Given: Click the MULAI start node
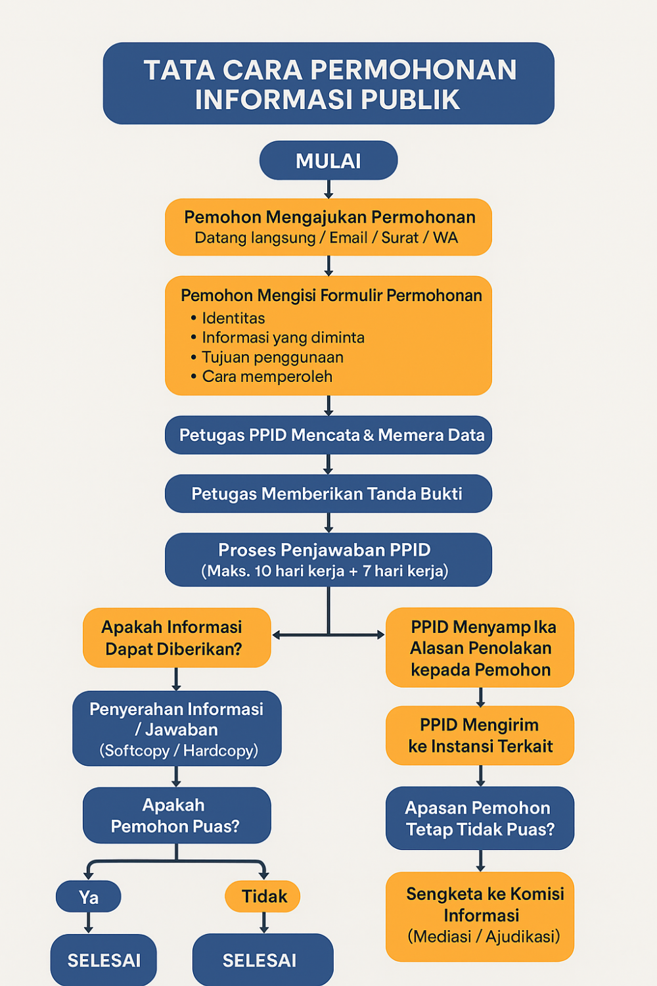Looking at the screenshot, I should tap(328, 160).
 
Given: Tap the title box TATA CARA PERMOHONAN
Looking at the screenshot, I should tap(328, 83).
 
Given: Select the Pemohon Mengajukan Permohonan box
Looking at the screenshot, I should tap(328, 227).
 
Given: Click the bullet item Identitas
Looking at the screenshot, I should tap(233, 318).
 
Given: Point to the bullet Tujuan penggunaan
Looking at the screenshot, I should tap(272, 357).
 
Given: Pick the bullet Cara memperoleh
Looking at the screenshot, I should tap(267, 377).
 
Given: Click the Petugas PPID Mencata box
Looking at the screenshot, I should tap(328, 435).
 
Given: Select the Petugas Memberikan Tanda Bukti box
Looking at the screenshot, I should tap(328, 494).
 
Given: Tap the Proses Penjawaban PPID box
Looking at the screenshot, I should tap(328, 559).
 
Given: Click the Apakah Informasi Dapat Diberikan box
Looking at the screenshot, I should tap(176, 638).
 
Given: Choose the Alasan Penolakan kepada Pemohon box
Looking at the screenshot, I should tap(480, 647).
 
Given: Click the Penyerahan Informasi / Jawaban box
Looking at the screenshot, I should tap(177, 728).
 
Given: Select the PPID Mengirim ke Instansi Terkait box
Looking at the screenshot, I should tap(480, 736).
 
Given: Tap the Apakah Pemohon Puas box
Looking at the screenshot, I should tap(176, 815).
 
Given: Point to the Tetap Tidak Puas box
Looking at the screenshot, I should tap(480, 818).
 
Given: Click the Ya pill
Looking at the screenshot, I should tap(89, 897).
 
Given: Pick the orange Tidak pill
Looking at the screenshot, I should tap(263, 896).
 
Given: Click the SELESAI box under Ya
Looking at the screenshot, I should tap(104, 960).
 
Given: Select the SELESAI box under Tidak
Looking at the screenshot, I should tap(262, 960).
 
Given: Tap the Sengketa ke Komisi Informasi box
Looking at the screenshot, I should tap(480, 916).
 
